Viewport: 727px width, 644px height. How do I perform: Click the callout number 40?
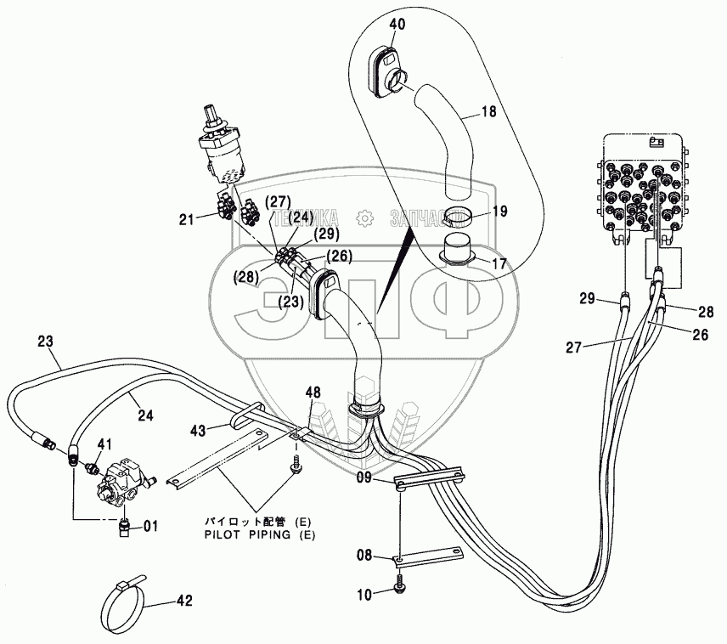point(397,24)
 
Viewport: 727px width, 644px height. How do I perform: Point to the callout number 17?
point(499,263)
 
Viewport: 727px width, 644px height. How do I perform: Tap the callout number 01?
point(149,526)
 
